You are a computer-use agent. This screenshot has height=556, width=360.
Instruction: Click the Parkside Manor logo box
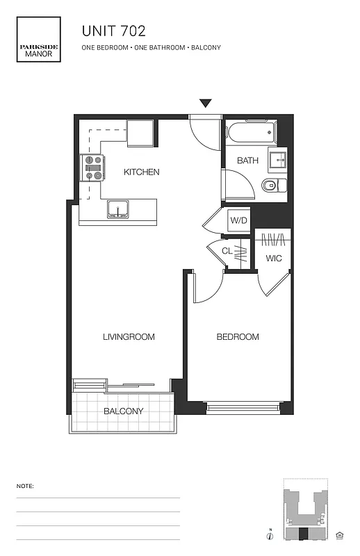[x=39, y=40]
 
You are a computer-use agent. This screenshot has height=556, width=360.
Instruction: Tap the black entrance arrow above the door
[x=205, y=104]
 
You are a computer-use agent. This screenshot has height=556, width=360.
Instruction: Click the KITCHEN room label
[x=142, y=172]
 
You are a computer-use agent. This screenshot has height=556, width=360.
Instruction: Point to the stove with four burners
[x=93, y=167]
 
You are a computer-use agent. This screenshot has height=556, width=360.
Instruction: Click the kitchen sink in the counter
[x=117, y=208]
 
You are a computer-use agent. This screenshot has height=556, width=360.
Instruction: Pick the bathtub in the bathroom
[x=251, y=132]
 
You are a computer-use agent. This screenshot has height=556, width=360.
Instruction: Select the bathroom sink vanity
[x=279, y=160]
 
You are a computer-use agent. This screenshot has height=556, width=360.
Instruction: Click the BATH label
[x=247, y=161]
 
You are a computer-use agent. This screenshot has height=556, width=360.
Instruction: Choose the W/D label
[x=238, y=220]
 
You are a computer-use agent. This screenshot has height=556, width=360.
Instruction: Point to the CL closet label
[x=227, y=251]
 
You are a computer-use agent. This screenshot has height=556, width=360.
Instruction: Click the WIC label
[x=273, y=259]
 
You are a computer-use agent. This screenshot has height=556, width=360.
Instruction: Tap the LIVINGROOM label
[x=129, y=337]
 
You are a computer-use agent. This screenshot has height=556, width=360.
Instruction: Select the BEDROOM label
[x=238, y=337]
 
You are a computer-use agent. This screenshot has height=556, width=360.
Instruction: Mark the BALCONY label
[x=124, y=411]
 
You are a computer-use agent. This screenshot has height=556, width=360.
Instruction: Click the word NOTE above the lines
[x=24, y=486]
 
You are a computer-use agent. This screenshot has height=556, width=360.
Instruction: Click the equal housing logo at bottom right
[x=340, y=534]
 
